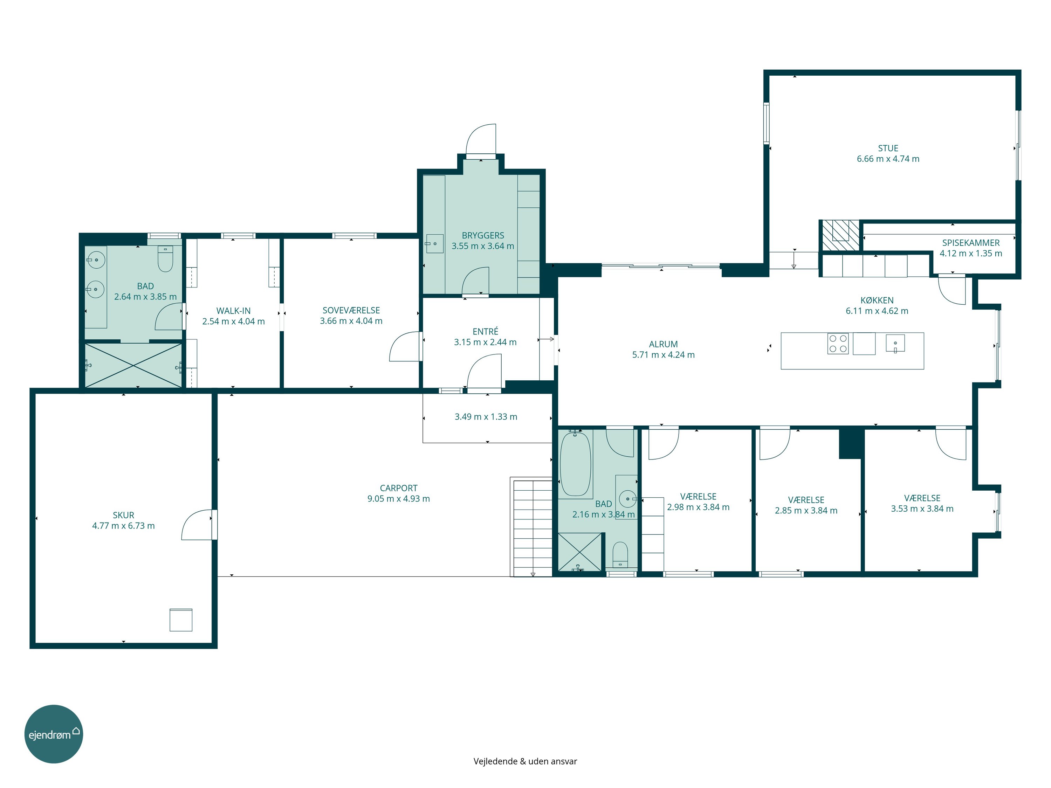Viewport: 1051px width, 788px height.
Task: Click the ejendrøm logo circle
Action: tap(54, 734)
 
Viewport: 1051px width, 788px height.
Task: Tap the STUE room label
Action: tap(888, 148)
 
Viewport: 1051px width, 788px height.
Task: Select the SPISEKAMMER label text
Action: tap(971, 243)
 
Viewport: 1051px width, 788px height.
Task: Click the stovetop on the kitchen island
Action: tap(838, 344)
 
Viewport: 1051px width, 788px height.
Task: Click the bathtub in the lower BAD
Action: tap(575, 464)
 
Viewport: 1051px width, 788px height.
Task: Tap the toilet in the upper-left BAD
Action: tap(165, 259)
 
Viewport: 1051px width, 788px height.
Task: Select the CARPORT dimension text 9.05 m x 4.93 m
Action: tap(399, 499)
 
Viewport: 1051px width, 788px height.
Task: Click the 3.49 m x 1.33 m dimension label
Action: tap(486, 416)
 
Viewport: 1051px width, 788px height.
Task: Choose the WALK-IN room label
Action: tap(233, 311)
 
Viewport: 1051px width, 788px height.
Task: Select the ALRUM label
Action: tap(663, 344)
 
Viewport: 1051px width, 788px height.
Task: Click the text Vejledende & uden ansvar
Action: tap(525, 761)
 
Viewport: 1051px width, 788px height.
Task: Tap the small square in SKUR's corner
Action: tap(181, 620)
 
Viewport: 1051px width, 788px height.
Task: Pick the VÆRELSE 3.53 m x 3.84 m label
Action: tap(922, 504)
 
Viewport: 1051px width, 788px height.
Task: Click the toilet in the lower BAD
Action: tap(620, 555)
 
